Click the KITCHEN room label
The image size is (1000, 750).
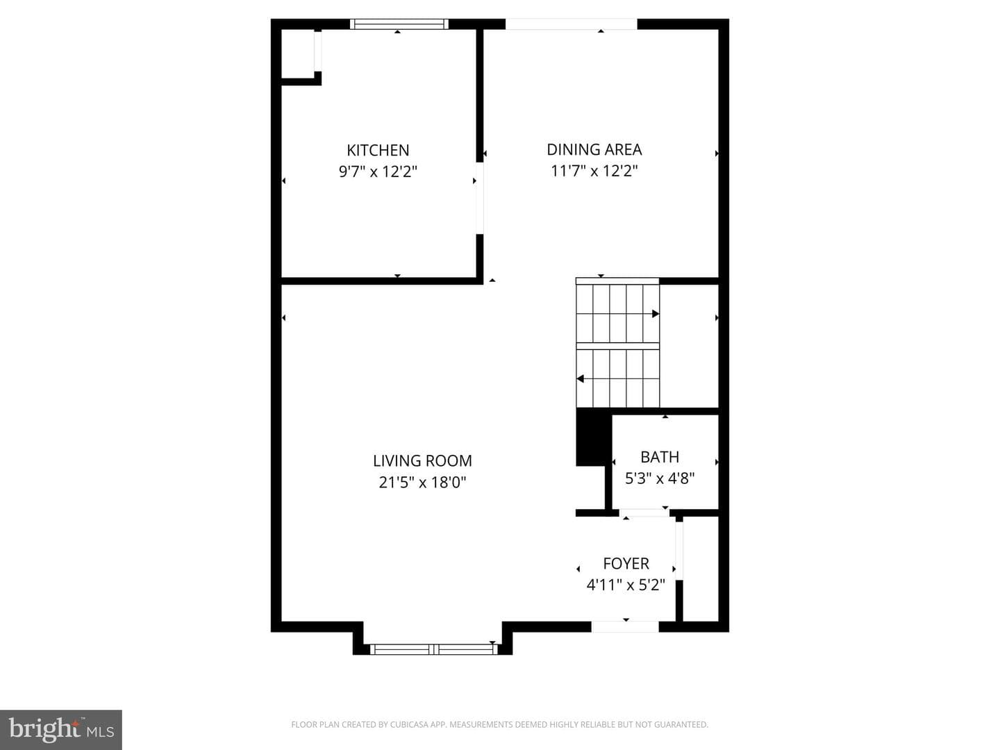(378, 150)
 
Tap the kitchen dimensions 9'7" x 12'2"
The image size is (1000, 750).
(378, 172)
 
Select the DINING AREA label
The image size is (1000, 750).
(594, 149)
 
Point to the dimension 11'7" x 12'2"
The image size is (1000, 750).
(594, 171)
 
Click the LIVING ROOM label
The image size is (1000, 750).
(422, 461)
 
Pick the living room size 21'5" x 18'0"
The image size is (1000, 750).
(422, 482)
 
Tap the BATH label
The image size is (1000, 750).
(660, 457)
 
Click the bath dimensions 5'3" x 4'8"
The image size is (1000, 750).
(660, 478)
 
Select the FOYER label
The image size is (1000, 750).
(626, 564)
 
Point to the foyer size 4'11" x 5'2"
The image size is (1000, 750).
(626, 585)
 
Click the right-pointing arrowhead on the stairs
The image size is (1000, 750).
(656, 314)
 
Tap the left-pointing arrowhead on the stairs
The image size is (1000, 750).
(581, 379)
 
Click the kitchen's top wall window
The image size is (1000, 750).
(399, 24)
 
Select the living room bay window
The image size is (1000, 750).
(434, 649)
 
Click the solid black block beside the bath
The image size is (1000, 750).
(590, 437)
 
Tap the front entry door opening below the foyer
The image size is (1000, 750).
(625, 627)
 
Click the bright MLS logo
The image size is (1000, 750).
(61, 729)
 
